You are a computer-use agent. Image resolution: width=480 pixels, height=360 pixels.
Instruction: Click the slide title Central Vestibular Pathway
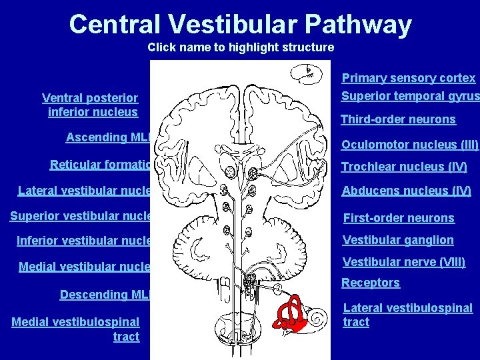(x=240, y=25)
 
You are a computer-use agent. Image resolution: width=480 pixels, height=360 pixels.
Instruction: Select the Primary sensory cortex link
(x=409, y=78)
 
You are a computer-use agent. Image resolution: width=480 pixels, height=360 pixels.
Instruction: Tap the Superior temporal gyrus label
(x=409, y=96)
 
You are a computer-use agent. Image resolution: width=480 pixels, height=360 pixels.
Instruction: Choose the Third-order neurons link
(x=398, y=120)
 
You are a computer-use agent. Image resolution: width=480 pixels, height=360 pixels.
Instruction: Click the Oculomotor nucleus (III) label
(x=409, y=145)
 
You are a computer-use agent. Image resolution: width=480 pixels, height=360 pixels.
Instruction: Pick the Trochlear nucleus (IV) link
(x=404, y=167)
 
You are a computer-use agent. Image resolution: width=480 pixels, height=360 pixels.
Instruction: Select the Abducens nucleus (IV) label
(x=406, y=191)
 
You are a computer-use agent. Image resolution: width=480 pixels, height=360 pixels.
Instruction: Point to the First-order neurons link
(x=398, y=218)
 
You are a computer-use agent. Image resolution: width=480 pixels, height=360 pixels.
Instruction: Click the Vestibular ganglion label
(x=397, y=240)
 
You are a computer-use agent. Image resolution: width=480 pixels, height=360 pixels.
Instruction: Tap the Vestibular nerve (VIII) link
(x=403, y=262)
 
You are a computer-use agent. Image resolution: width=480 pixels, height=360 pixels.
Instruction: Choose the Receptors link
(x=371, y=283)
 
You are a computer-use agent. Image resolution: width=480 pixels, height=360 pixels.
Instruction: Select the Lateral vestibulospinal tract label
(x=407, y=315)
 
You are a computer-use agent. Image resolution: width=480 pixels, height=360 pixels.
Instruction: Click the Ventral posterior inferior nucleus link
(x=91, y=105)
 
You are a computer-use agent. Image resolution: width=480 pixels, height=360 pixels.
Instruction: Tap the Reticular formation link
(x=100, y=165)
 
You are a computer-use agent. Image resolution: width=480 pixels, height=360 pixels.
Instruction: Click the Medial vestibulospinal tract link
(x=76, y=329)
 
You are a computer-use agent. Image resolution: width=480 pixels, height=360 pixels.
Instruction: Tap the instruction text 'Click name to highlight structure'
(x=241, y=47)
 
